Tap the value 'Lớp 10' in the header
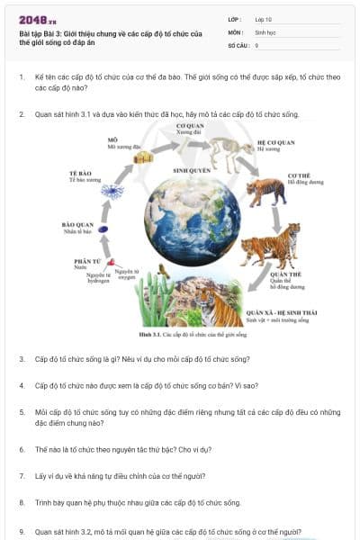(264, 19)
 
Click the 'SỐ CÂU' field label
(238, 45)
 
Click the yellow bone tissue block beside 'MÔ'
(142, 158)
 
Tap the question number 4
(22, 385)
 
